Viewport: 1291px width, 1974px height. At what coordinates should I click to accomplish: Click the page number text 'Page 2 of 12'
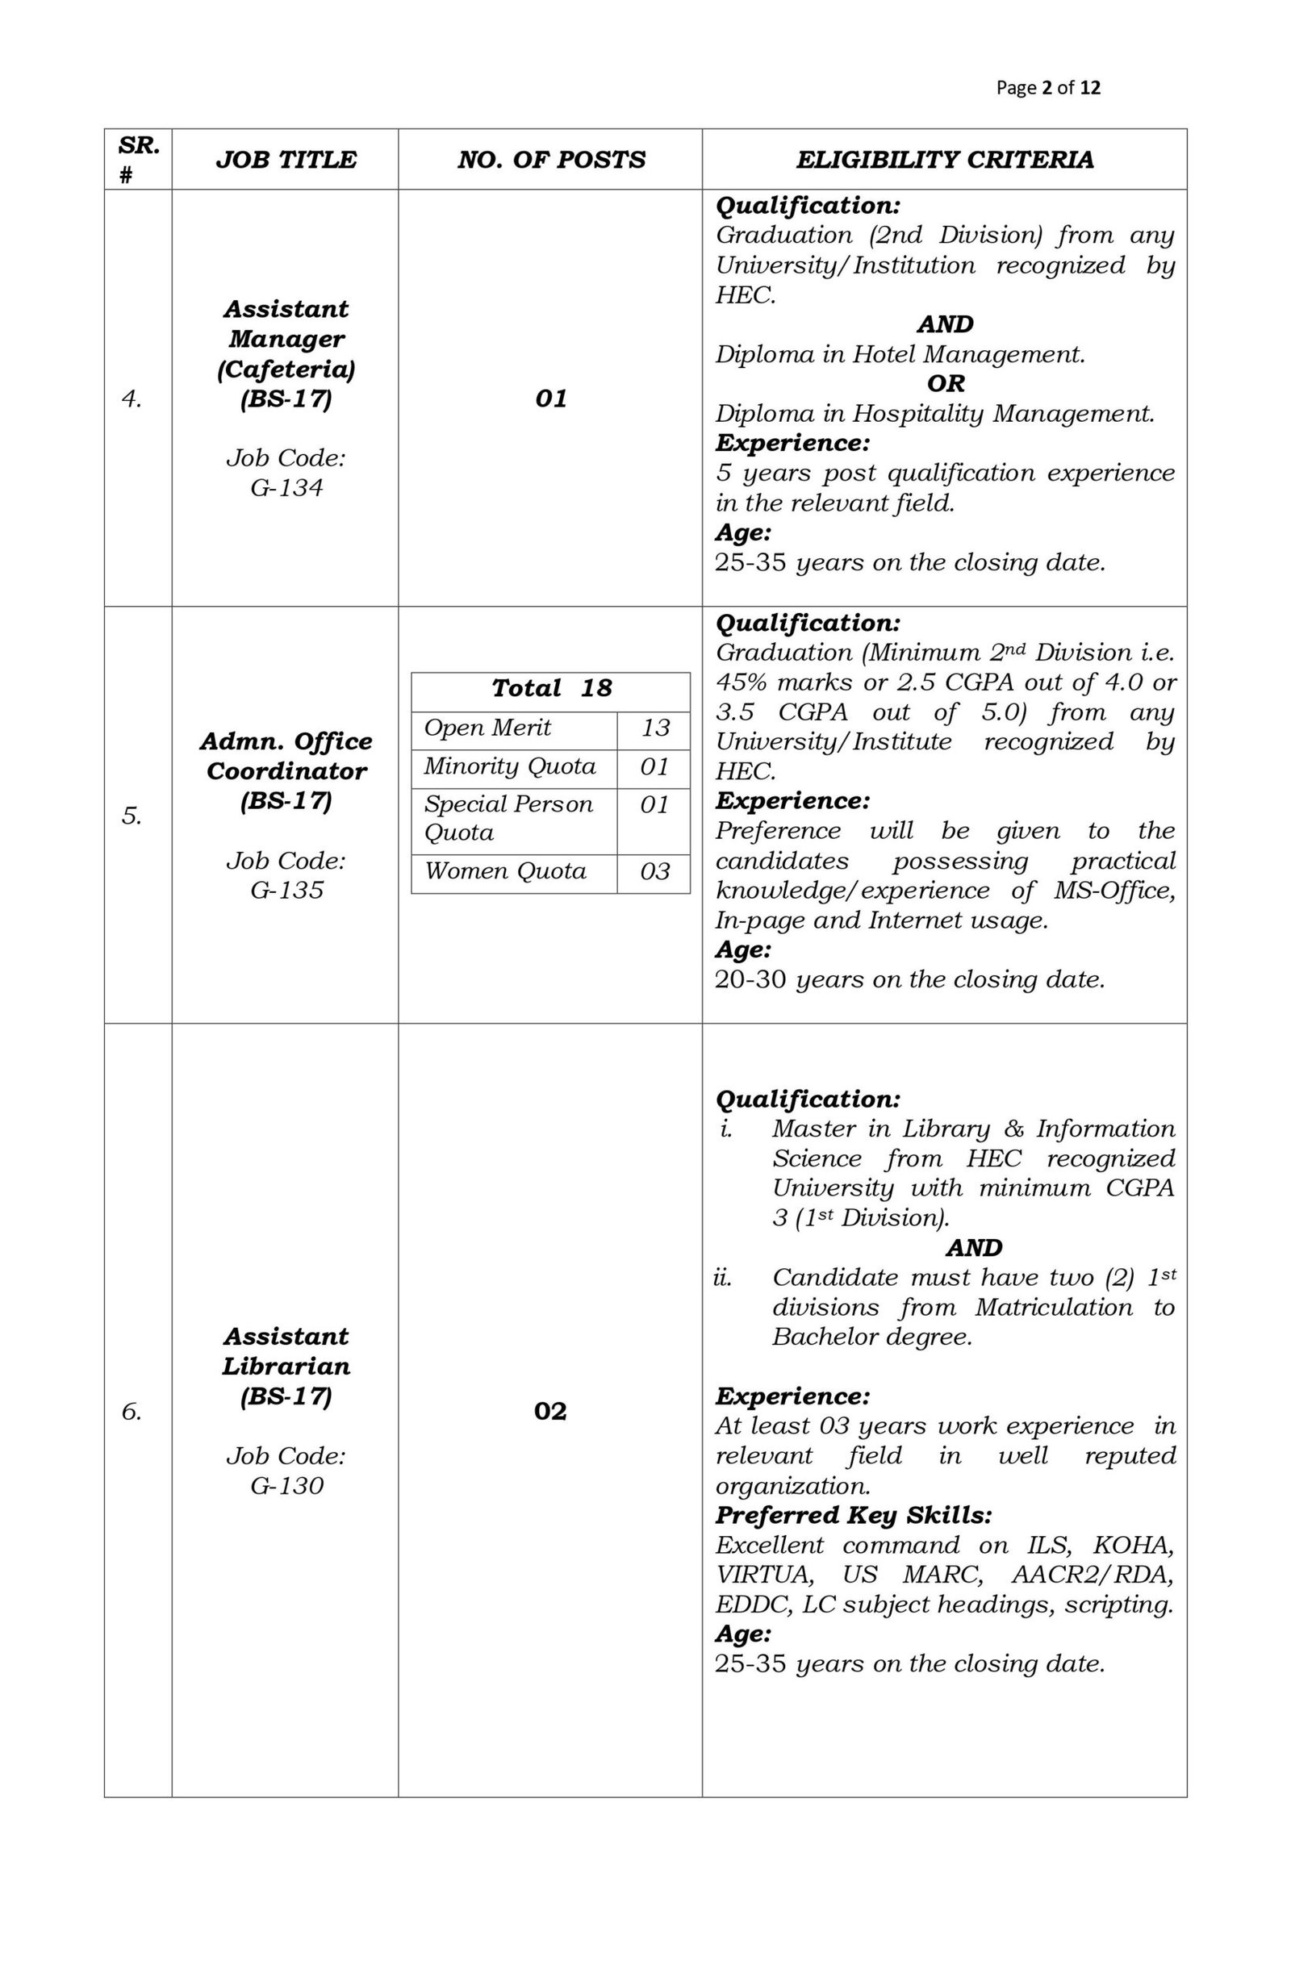[1048, 88]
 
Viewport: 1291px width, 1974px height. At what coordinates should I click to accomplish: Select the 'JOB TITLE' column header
[286, 160]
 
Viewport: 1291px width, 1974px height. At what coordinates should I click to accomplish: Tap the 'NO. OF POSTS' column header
[551, 160]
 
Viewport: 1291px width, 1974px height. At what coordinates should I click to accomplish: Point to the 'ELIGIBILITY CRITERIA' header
[944, 160]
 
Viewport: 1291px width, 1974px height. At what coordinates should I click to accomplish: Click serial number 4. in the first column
[132, 399]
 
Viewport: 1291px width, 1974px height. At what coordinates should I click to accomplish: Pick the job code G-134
[286, 488]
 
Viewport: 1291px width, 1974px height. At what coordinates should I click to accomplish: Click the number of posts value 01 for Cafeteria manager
[551, 399]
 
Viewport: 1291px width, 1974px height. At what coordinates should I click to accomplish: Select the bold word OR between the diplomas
[946, 384]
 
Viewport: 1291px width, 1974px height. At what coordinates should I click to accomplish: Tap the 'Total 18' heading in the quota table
[551, 688]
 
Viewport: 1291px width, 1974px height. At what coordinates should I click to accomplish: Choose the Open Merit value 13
[654, 728]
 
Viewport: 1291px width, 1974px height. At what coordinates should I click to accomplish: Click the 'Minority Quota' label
[509, 766]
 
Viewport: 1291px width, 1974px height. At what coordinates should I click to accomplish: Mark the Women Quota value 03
[654, 872]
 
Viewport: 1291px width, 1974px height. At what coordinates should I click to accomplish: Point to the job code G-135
[286, 891]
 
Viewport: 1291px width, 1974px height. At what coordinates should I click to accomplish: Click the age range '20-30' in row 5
[750, 979]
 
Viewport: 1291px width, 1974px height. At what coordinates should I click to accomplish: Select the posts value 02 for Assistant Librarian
[550, 1411]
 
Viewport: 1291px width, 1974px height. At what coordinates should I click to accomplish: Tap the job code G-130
[286, 1485]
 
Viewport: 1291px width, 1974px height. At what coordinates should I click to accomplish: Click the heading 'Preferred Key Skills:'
[853, 1515]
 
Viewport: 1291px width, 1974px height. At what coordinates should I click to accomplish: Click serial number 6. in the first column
[132, 1411]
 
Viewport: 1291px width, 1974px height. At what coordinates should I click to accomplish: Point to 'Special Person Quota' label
[508, 818]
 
